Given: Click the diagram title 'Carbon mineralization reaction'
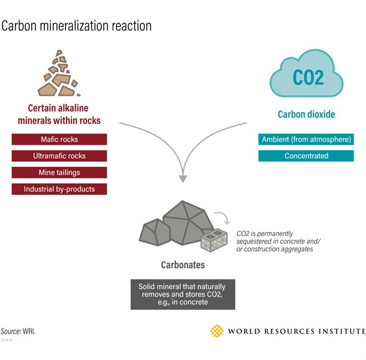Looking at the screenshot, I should tap(77, 26).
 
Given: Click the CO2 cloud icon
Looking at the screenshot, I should tap(307, 74).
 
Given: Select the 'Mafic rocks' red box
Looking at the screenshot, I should tap(59, 139).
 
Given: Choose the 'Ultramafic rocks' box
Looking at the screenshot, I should tap(59, 155).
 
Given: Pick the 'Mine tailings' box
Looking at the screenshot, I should tap(59, 172).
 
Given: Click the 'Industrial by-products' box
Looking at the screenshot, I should tap(59, 189).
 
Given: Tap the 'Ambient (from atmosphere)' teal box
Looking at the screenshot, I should tap(306, 139).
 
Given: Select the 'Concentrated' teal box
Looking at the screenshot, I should tap(306, 155).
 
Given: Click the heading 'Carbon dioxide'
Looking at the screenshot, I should tap(306, 114).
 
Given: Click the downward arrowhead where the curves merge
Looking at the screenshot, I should tap(183, 178).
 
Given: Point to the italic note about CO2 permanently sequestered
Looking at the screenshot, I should tap(273, 241).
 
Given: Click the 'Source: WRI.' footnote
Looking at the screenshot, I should tap(18, 331).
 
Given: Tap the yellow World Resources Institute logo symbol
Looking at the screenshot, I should tap(217, 331).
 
